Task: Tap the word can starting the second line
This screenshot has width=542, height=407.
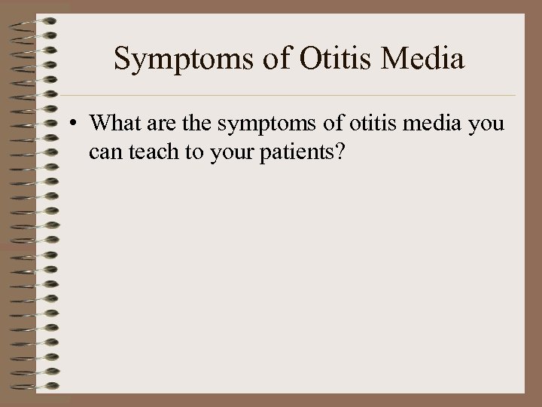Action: (x=104, y=154)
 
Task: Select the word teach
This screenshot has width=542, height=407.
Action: (x=150, y=152)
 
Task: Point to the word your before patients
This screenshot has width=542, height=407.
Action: (x=227, y=154)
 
